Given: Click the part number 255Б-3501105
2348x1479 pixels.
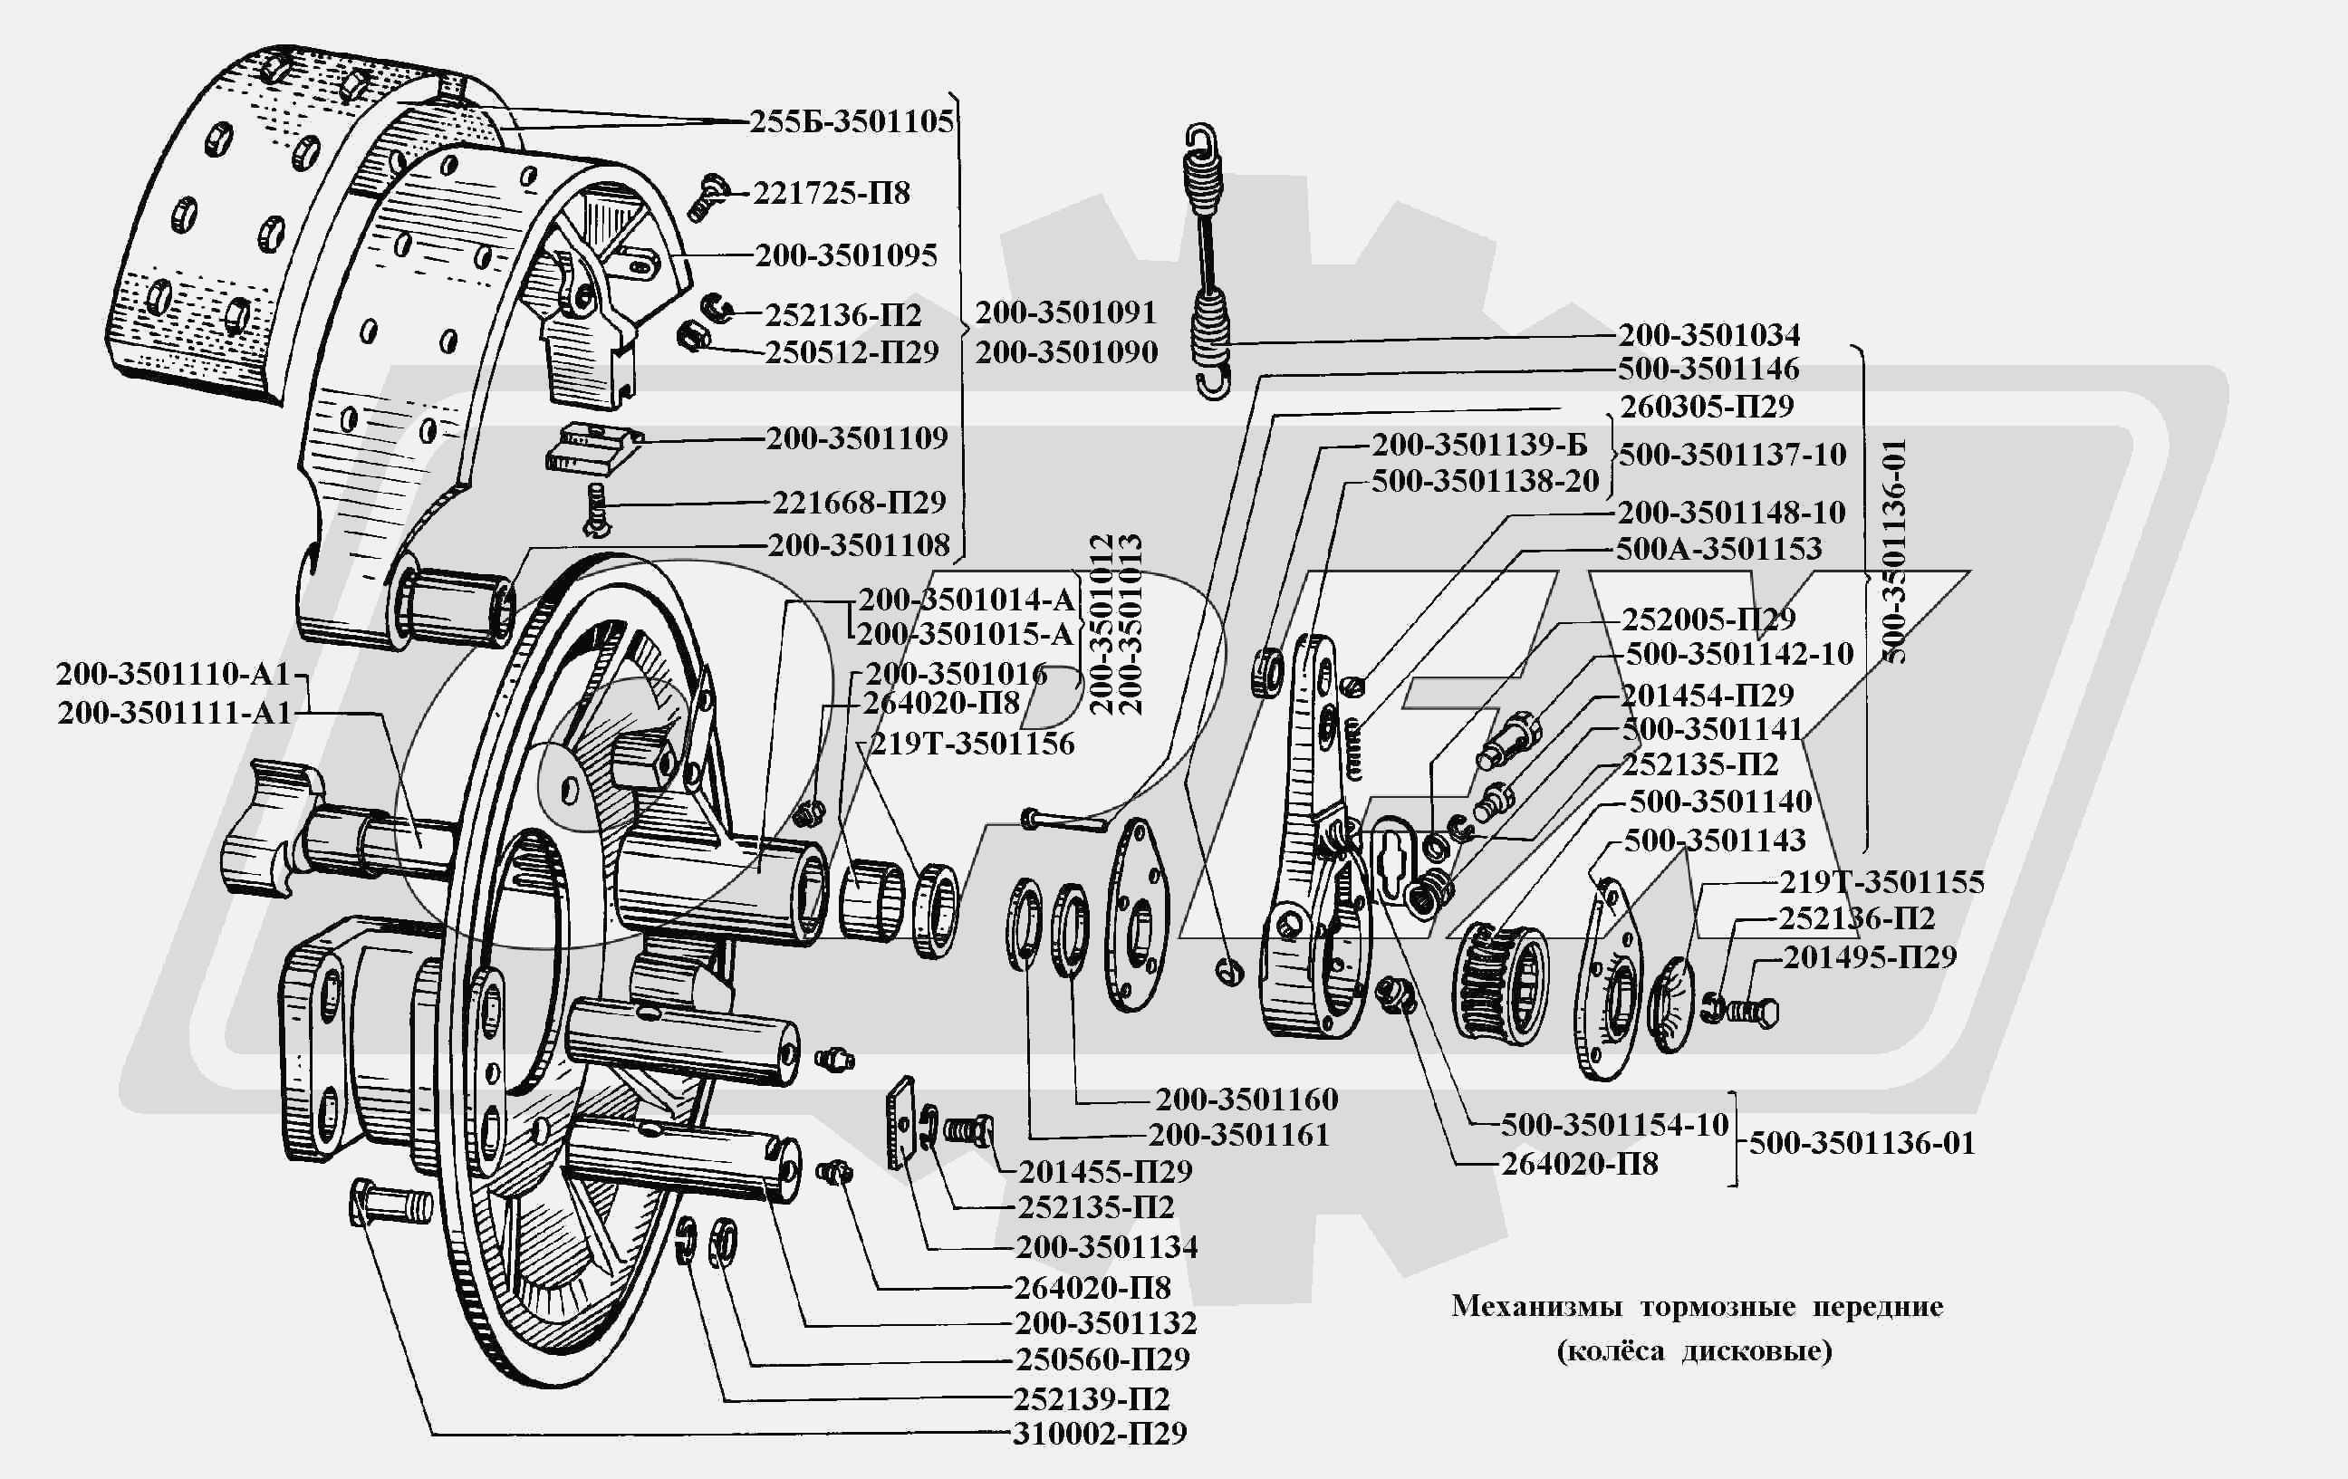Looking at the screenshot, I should pos(852,122).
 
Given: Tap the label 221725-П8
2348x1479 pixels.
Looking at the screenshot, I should pos(831,193).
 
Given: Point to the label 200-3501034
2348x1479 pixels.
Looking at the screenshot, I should pos(1708,334).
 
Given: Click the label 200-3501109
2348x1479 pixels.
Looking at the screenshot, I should pos(856,438).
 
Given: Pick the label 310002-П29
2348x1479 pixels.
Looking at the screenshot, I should pos(1099,1433).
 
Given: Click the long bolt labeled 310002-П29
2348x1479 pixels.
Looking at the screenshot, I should pos(390,1205).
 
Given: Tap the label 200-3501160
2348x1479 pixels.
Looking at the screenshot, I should pos(1246,1100).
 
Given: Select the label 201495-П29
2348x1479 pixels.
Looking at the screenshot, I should pos(1869,957).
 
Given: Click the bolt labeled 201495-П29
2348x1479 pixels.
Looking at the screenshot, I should pos(1751,1012).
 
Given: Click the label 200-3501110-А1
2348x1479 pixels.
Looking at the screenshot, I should pos(174,674).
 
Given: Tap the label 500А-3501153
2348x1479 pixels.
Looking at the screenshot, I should pos(1718,549).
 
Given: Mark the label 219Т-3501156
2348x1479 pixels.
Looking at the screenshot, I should pos(971,744).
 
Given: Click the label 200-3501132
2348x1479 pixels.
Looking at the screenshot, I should pos(1105,1323).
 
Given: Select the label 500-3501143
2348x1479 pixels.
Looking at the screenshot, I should pos(1714,840).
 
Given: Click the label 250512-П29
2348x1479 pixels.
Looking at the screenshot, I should pos(852,352).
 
